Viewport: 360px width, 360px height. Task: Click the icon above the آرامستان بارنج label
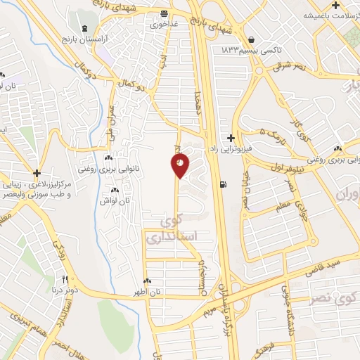[85, 28]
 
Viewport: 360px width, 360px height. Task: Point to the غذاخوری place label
[164, 23]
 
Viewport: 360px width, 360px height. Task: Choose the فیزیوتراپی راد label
[232, 149]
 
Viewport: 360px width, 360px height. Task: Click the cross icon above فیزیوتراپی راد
[231, 138]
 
